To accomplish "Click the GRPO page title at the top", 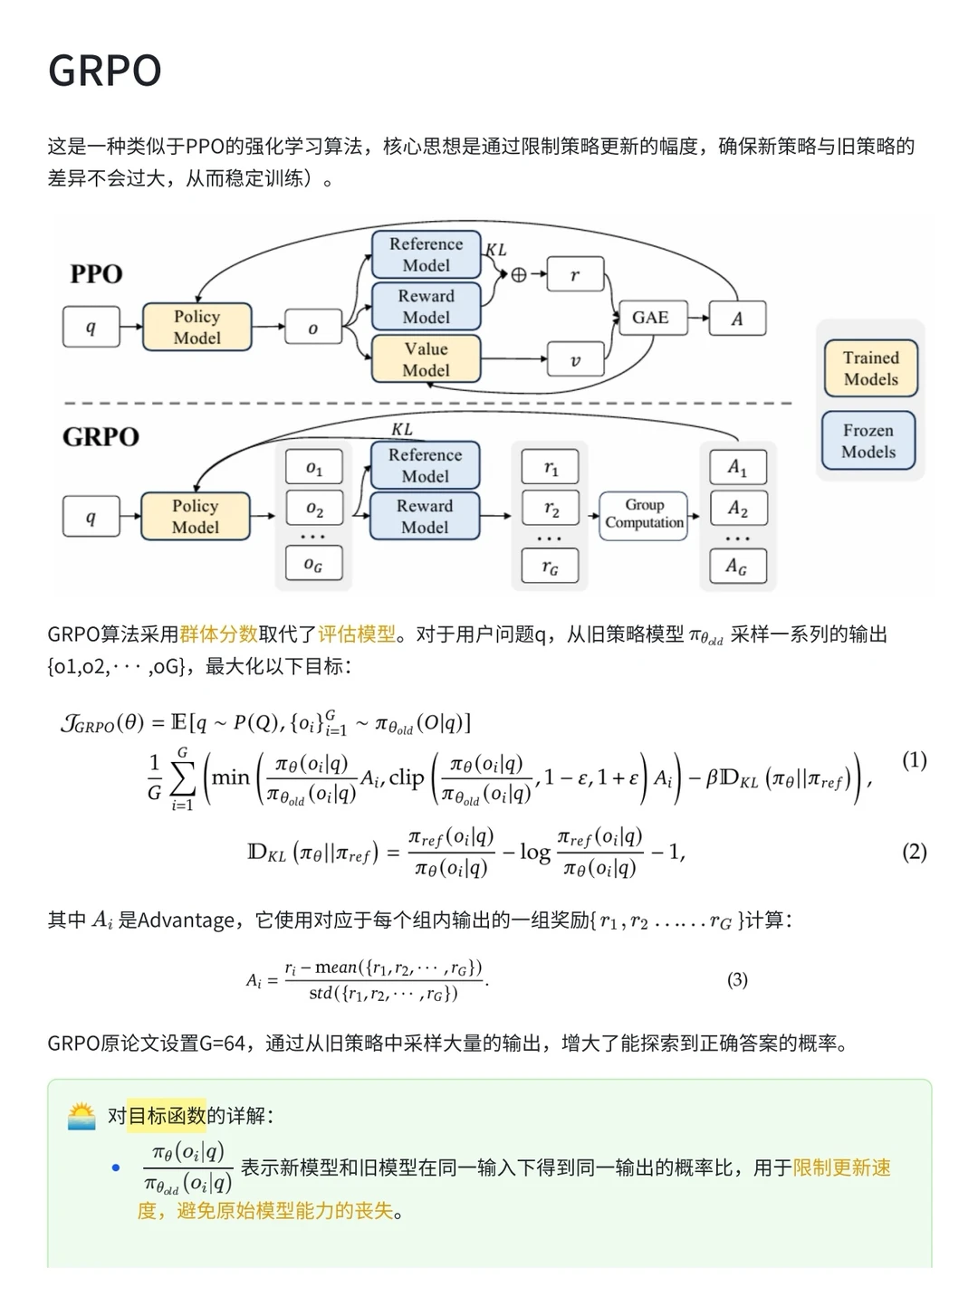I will pos(104,71).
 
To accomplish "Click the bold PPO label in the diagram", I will pos(96,274).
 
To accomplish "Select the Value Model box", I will pos(426,359).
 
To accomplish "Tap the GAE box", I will pos(650,318).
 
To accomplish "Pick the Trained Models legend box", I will pos(870,368).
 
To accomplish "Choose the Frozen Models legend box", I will pos(868,441).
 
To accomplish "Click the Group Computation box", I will pos(644,514).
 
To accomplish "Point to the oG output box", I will pos(313,565).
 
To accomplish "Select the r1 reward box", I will pos(551,468).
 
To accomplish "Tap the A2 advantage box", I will pos(737,509).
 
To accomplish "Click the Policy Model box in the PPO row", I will pos(197,327).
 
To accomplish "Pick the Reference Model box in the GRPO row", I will pos(425,465).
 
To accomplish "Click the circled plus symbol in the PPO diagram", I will pos(519,274).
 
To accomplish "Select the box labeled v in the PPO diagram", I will pos(575,360).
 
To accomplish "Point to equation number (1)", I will pos(914,759).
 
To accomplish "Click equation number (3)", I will pos(737,979).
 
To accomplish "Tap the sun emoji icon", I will pos(81,1116).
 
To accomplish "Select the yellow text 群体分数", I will pos(218,634).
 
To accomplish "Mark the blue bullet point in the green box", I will pos(116,1168).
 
